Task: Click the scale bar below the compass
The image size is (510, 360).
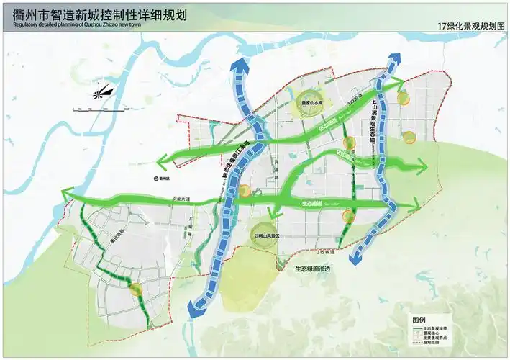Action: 101,109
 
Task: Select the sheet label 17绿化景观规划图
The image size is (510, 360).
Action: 471,26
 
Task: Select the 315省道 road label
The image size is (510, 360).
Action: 327,252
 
